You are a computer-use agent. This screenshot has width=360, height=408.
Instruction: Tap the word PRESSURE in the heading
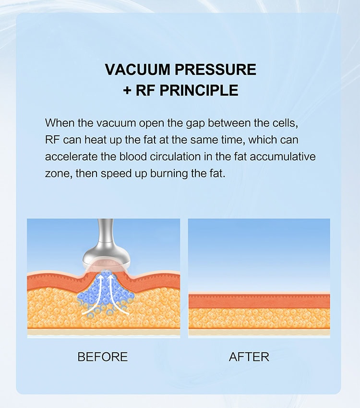216,70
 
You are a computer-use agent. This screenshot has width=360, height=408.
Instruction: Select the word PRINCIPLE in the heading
199,90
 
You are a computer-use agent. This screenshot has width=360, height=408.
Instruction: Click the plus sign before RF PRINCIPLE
127,91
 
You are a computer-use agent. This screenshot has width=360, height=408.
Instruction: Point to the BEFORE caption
103,357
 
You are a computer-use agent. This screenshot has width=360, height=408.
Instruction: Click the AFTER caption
249,357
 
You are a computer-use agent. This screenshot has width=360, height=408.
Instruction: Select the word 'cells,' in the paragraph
285,123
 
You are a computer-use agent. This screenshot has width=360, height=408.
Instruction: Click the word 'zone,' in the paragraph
59,174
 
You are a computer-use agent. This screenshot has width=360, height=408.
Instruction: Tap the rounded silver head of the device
106,258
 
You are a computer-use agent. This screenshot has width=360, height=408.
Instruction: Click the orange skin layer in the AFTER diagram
259,301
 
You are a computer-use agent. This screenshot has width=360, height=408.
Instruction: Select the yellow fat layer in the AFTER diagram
259,319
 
